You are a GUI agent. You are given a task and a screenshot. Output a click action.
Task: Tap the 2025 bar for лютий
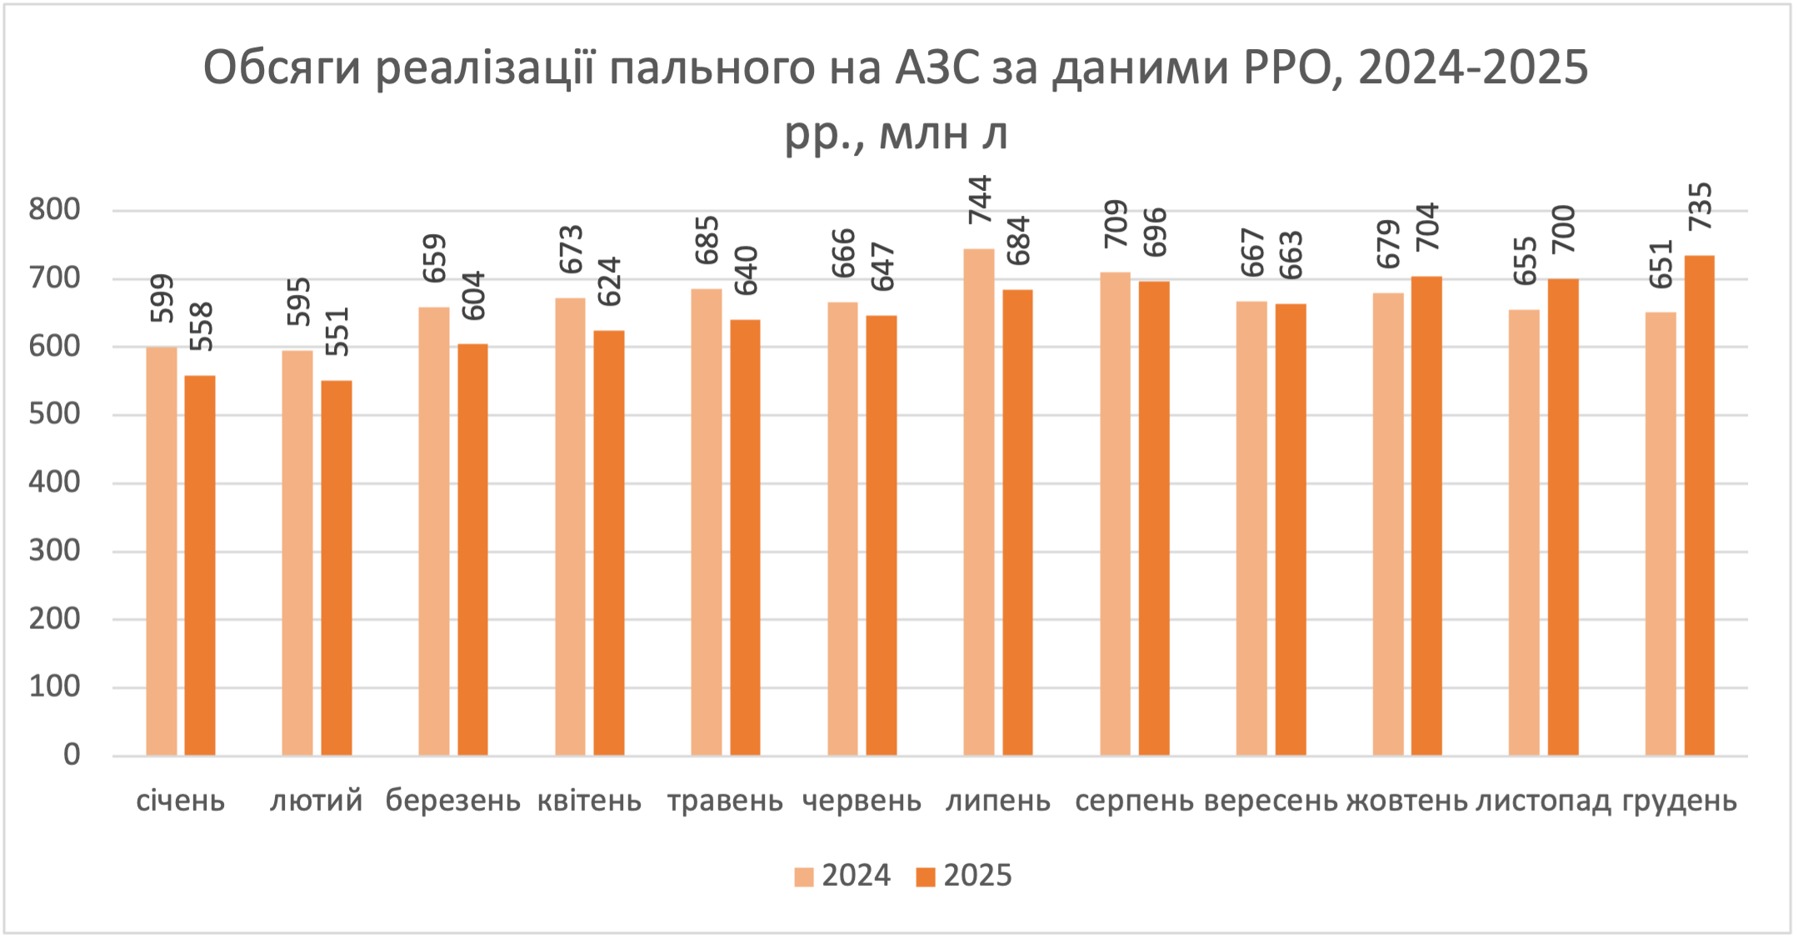pos(337,567)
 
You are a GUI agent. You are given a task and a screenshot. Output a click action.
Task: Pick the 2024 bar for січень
pos(162,551)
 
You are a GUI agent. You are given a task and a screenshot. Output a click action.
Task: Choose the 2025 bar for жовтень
pos(1426,516)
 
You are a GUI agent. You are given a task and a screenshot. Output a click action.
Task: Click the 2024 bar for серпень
pos(1115,513)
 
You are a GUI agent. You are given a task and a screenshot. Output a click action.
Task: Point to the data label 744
pos(980,200)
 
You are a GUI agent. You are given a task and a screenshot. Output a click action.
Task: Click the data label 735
pos(1700,207)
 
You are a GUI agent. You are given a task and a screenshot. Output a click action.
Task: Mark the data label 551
pos(337,332)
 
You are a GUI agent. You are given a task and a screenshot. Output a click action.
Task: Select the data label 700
pos(1564,229)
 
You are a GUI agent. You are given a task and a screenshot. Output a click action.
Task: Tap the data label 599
pos(162,298)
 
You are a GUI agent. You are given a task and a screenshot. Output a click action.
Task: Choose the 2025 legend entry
pos(965,876)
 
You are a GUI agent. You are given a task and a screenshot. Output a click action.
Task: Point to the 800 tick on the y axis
pos(55,210)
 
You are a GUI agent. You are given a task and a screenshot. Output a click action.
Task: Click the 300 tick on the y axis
pos(55,551)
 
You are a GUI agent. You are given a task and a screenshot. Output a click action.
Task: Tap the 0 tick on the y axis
pos(72,755)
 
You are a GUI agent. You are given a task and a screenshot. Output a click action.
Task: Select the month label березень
pos(452,801)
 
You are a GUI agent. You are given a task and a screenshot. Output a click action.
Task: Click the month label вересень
pos(1271,801)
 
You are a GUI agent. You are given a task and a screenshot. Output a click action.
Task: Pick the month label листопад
pos(1543,801)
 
